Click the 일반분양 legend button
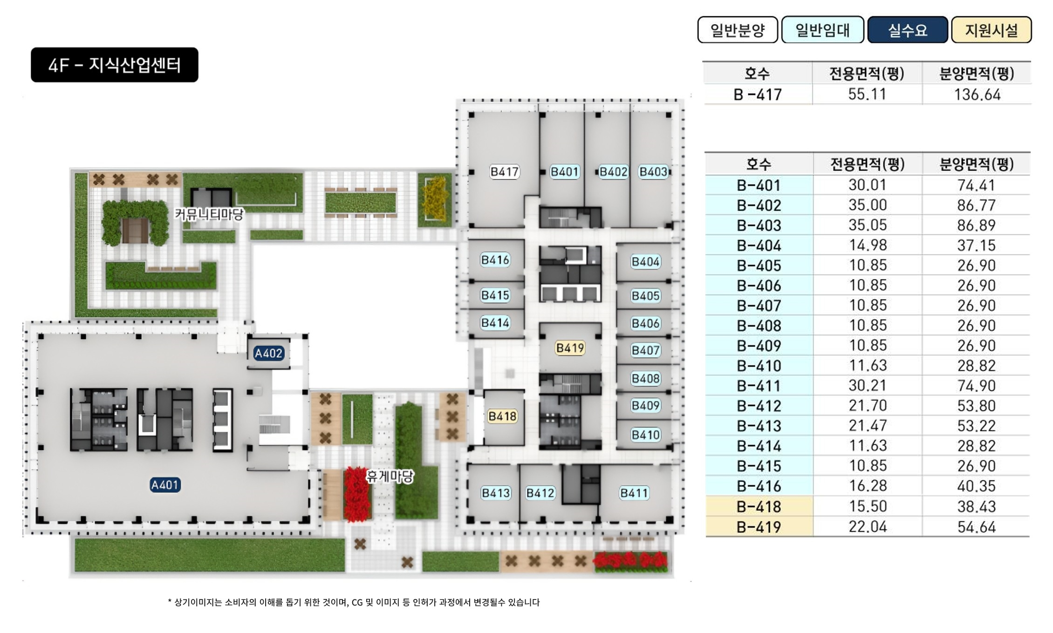tap(737, 30)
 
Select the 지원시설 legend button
tap(991, 30)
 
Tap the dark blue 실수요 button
tap(907, 30)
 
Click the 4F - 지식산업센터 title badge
tap(115, 65)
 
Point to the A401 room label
tap(165, 485)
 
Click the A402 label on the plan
tap(268, 353)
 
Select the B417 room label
tap(504, 172)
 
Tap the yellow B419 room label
tap(570, 348)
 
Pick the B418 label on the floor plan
tap(502, 416)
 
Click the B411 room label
tap(634, 493)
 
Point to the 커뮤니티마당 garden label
tap(209, 214)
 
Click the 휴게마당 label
tap(390, 476)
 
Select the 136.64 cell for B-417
tap(977, 95)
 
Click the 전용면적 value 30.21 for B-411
tap(867, 386)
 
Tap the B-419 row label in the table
tap(759, 527)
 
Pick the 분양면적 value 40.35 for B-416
tap(976, 486)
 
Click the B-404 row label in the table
tap(759, 245)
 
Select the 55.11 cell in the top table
tap(867, 94)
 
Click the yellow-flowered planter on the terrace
tap(435, 200)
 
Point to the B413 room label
tap(496, 493)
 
